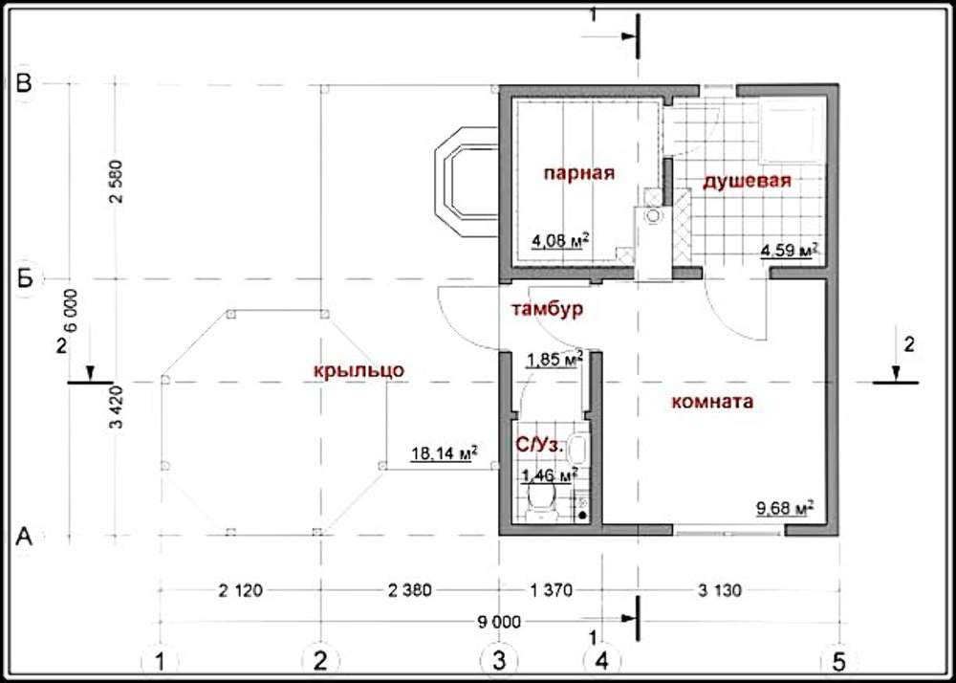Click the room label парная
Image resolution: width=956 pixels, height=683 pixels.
pos(579,173)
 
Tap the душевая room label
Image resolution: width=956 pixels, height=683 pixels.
pos(747,182)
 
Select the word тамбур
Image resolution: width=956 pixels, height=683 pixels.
pos(547,309)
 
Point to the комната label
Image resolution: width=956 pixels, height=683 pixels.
pos(712,403)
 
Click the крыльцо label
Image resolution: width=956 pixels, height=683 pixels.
pos(359,371)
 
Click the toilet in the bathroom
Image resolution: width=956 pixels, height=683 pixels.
pos(541,500)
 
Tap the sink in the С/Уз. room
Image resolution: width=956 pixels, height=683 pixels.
pos(578,449)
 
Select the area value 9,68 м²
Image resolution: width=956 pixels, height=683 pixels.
pos(785,508)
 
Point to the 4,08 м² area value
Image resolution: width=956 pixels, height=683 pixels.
pos(560,240)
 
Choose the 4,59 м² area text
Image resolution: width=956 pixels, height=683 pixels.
pos(788,250)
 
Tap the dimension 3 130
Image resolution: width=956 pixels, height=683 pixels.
pos(721,590)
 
